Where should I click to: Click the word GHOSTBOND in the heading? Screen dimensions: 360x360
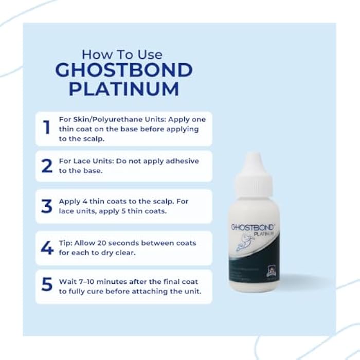[x=124, y=70]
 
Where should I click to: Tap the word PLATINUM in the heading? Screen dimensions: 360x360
[x=124, y=88]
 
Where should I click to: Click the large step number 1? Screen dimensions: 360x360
[x=47, y=128]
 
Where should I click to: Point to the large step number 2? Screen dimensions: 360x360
[x=47, y=166]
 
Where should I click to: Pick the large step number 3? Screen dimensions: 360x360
[x=47, y=206]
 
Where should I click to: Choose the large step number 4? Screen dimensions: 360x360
[x=47, y=247]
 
